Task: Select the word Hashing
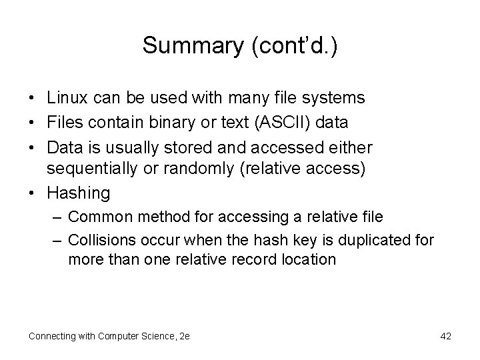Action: pyautogui.click(x=78, y=193)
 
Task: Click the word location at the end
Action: pyautogui.click(x=306, y=259)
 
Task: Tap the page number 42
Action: pyautogui.click(x=445, y=336)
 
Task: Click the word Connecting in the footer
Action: pyautogui.click(x=52, y=336)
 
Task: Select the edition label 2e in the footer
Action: pyautogui.click(x=185, y=336)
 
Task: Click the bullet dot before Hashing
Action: pyautogui.click(x=31, y=193)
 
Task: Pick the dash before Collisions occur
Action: pyautogui.click(x=57, y=239)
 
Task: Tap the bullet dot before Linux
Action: pyautogui.click(x=31, y=98)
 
